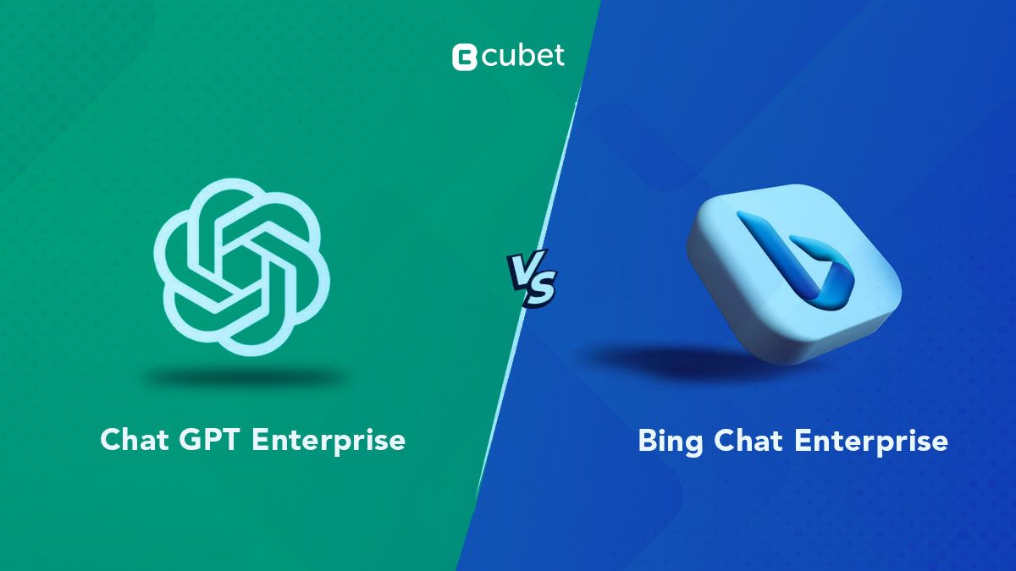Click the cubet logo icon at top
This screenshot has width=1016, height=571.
pos(463,57)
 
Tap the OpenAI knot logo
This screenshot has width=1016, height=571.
pos(242,270)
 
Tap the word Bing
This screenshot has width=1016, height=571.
pos(670,442)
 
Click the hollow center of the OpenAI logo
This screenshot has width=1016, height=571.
pos(242,270)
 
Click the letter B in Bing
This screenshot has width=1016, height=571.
pos(647,441)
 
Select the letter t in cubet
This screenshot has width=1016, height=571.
pos(558,56)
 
